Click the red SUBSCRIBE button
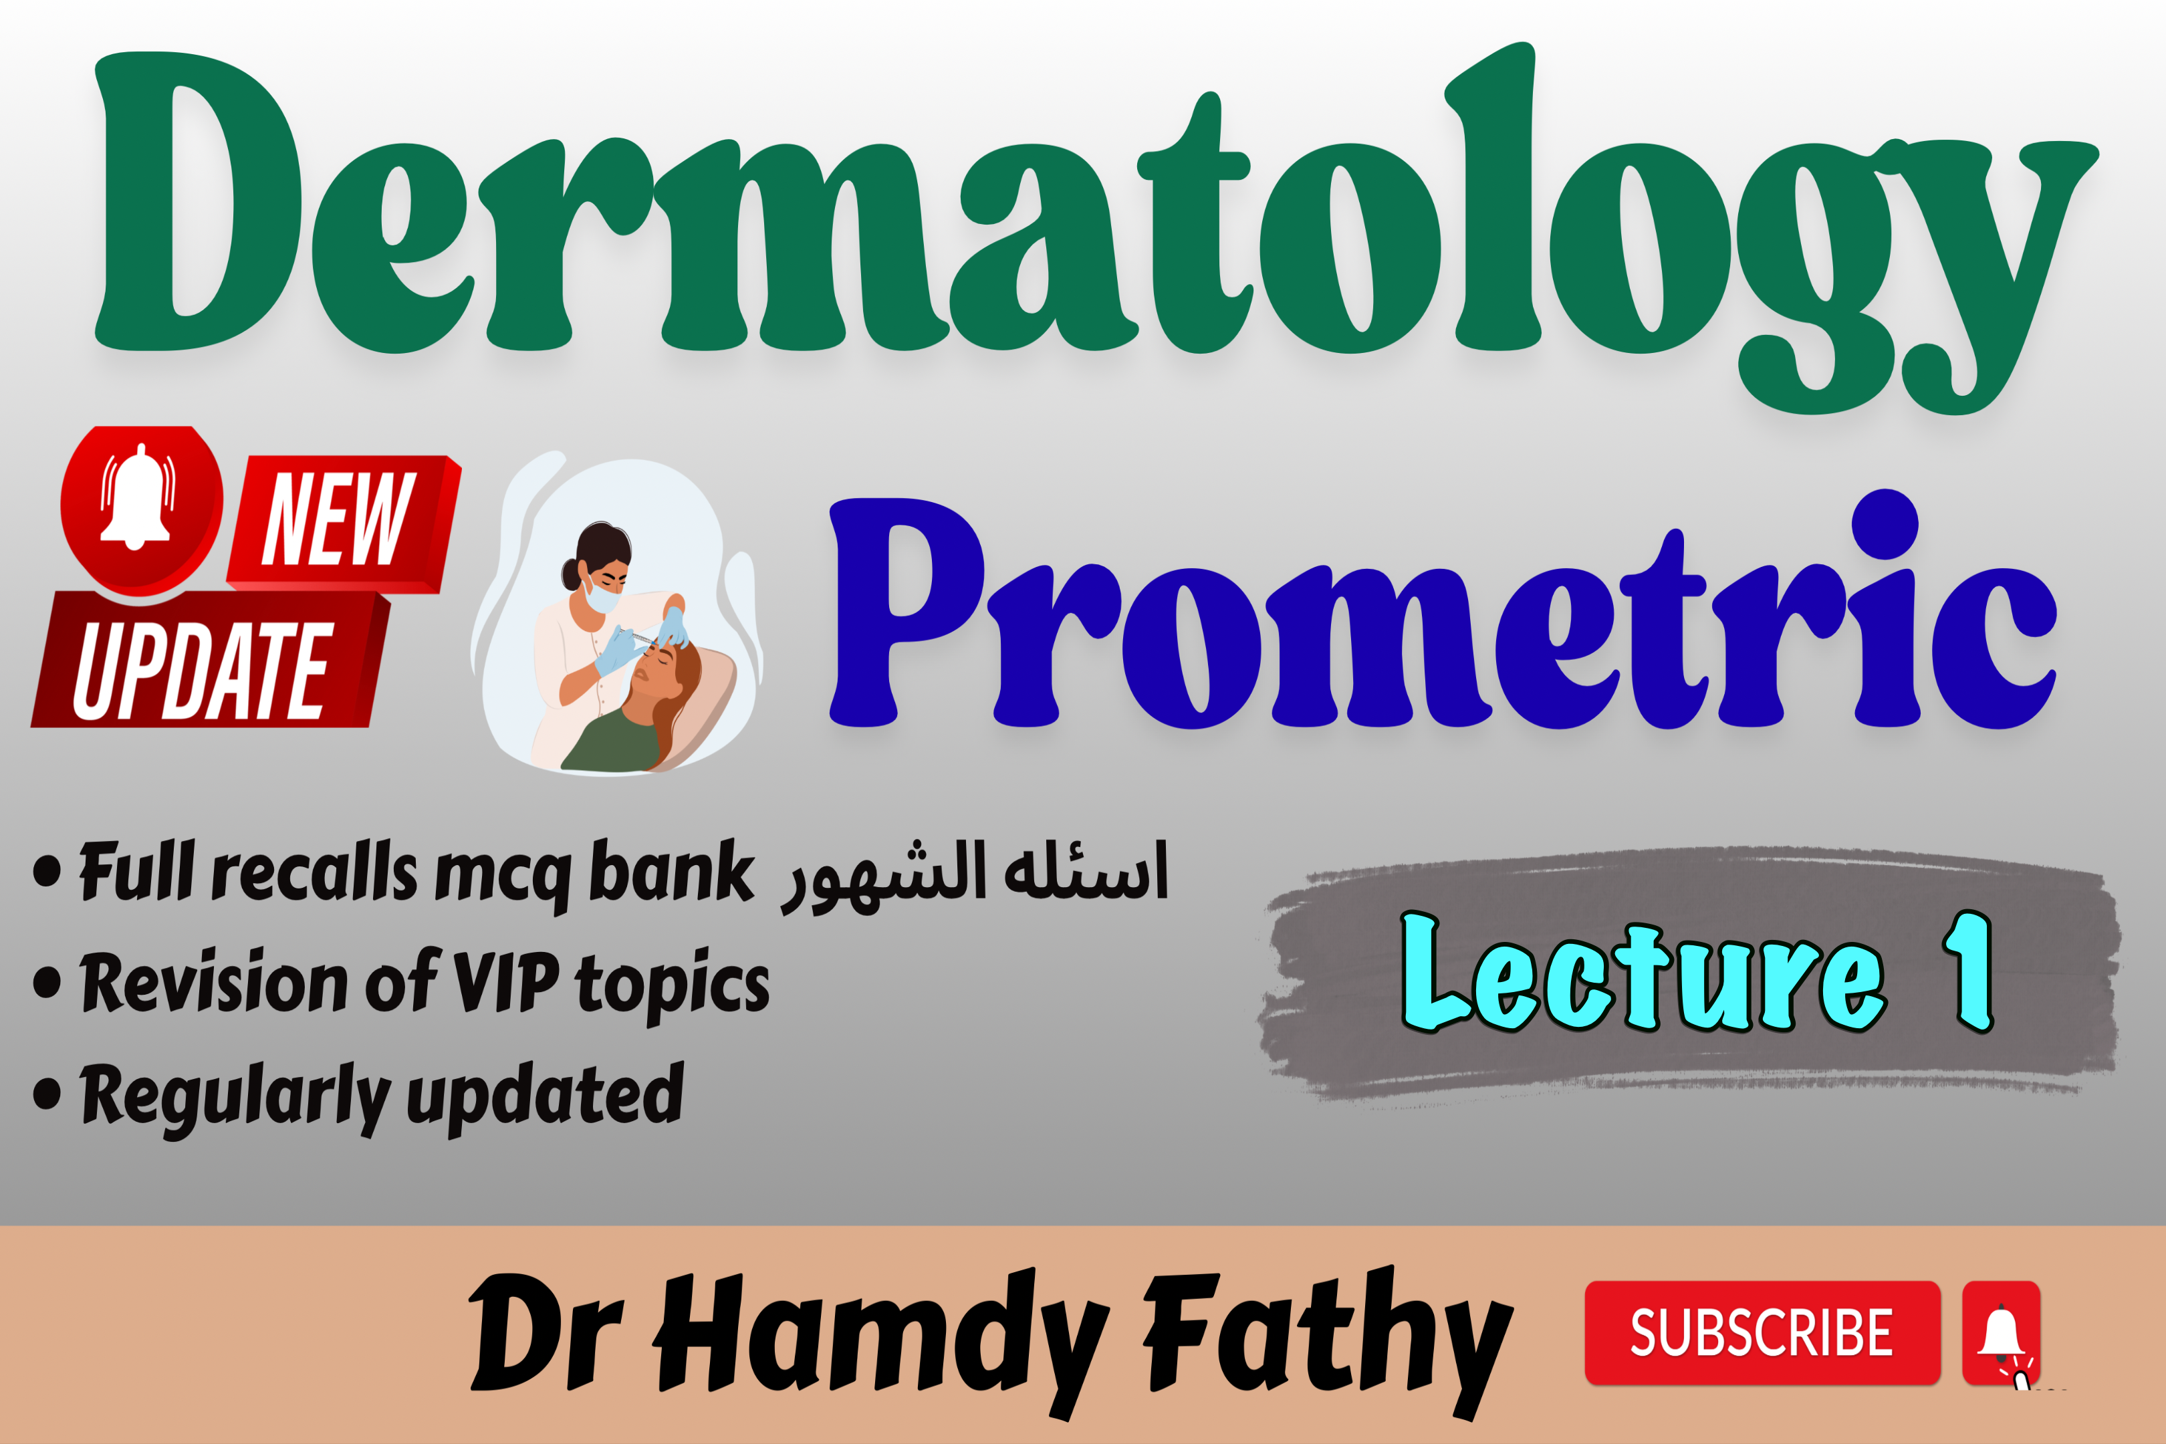1762,1332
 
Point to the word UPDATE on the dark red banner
203,669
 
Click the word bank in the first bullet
671,870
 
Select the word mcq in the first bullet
503,880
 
